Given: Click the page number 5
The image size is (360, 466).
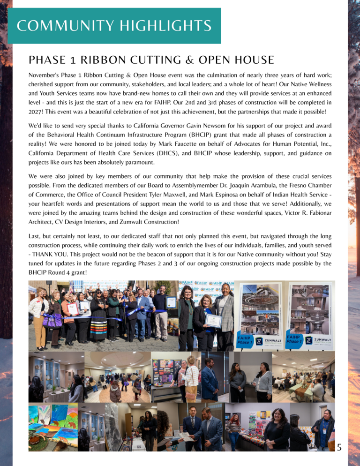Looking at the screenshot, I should [x=339, y=447].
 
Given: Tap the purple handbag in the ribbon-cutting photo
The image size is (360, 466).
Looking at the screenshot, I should [x=52, y=321].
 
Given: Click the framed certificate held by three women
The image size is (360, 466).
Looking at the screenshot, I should [x=212, y=321].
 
